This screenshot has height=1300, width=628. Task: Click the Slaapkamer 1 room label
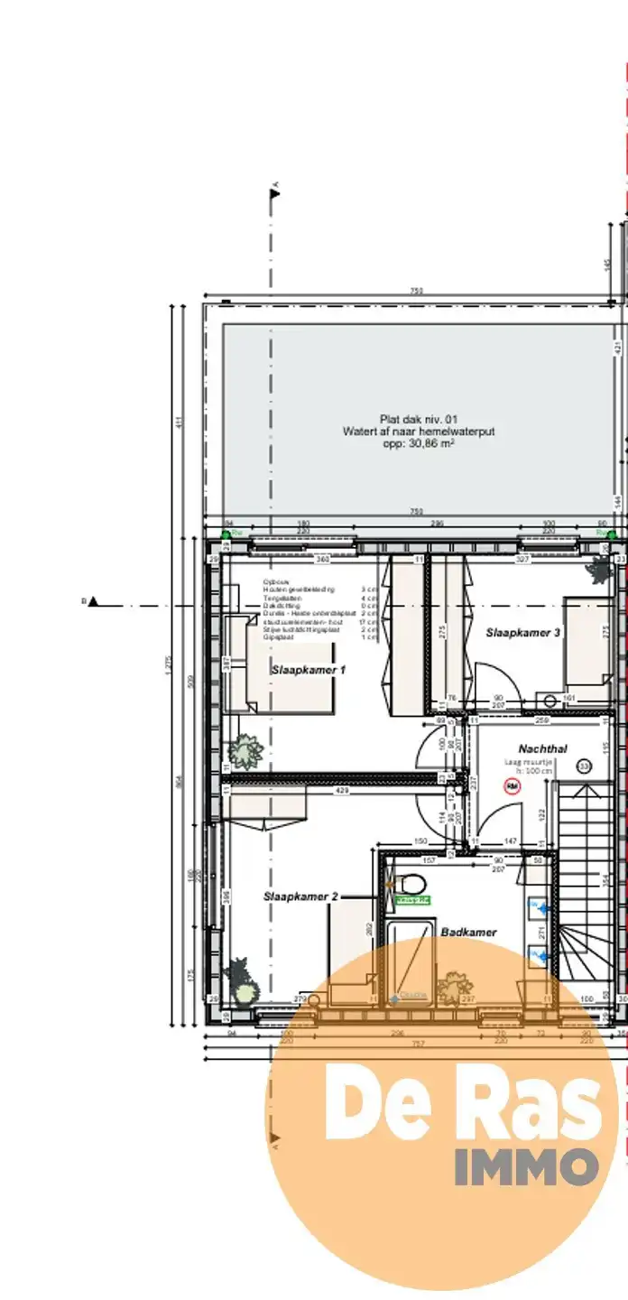tap(296, 670)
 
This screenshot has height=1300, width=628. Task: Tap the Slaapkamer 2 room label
tap(300, 896)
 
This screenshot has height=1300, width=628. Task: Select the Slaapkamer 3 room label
tap(523, 633)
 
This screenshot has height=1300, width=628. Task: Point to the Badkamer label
tap(468, 932)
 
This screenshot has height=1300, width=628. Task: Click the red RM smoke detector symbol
tap(513, 787)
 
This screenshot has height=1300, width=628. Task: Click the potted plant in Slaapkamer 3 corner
tap(599, 568)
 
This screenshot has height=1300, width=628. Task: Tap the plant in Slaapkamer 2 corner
tap(241, 980)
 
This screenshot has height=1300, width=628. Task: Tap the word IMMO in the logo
tap(525, 1166)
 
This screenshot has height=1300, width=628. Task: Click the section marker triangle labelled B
tap(93, 601)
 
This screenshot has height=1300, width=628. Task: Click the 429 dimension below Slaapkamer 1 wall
tap(343, 790)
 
